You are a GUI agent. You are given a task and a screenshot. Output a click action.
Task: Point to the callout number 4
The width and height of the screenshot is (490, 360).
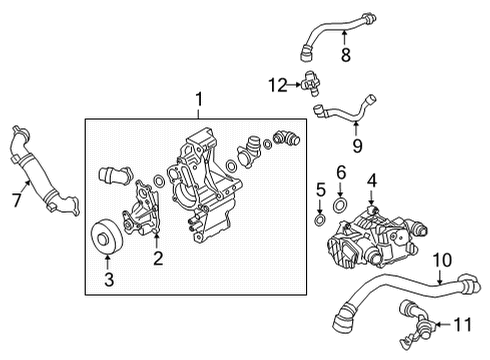point(371,180)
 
